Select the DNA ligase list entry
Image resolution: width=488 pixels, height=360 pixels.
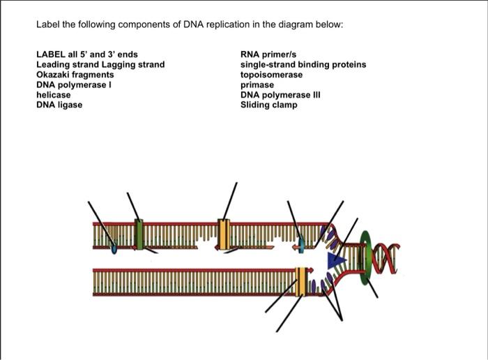(x=59, y=104)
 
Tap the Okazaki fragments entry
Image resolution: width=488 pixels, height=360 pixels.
(x=75, y=74)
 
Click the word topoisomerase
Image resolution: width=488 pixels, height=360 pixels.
(x=272, y=74)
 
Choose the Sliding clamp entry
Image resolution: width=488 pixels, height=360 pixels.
(x=268, y=105)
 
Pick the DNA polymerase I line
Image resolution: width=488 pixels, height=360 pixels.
(x=74, y=84)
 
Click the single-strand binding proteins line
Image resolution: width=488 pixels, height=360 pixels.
(x=303, y=64)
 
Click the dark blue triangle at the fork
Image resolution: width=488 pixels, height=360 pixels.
(x=338, y=259)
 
